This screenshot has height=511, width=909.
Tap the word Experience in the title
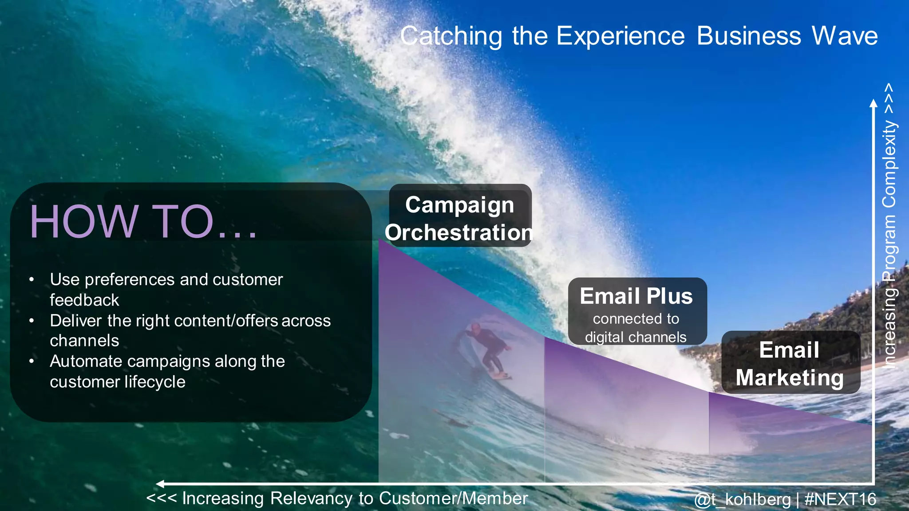[620, 36]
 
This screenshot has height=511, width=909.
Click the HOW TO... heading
[143, 222]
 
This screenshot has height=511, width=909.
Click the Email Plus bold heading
[636, 296]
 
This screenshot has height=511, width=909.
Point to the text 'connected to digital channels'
[636, 328]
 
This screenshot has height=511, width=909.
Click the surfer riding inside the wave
[486, 348]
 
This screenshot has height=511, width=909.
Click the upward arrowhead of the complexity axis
[873, 104]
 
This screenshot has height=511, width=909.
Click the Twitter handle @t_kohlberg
[742, 499]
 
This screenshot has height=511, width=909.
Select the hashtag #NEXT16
[840, 499]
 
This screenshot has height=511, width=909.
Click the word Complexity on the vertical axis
[889, 164]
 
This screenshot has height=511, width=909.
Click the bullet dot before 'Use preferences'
[32, 280]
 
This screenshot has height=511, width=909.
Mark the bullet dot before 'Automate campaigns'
[32, 362]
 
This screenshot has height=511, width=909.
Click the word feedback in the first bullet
[84, 300]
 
